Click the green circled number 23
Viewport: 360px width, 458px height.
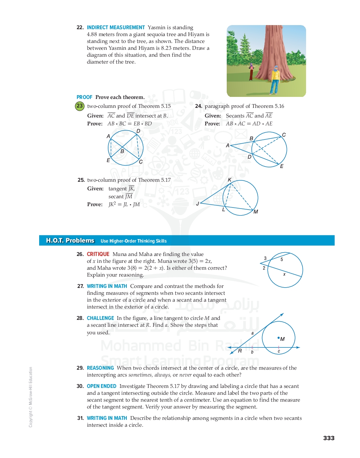pos(79,106)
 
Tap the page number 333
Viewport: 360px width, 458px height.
pos(329,438)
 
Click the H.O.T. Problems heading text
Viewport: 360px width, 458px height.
pos(70,241)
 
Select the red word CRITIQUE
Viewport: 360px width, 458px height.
pos(98,254)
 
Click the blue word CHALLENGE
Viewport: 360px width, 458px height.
pos(100,318)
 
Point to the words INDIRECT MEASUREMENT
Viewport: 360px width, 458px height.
pos(116,27)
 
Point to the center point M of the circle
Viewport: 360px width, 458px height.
pos(279,338)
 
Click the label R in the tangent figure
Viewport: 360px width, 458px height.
pos(240,351)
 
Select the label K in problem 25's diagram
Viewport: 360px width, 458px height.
pos(229,180)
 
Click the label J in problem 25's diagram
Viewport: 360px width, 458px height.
pos(198,204)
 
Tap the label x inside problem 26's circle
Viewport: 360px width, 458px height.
pos(284,274)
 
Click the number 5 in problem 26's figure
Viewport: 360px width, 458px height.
pos(282,260)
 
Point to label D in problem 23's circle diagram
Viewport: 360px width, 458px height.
pos(138,131)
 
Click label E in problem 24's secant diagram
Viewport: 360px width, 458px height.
pos(282,166)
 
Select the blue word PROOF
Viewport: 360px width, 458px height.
pos(84,97)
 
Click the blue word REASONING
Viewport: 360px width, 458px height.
pos(100,368)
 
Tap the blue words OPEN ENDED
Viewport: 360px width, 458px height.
pos(102,386)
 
